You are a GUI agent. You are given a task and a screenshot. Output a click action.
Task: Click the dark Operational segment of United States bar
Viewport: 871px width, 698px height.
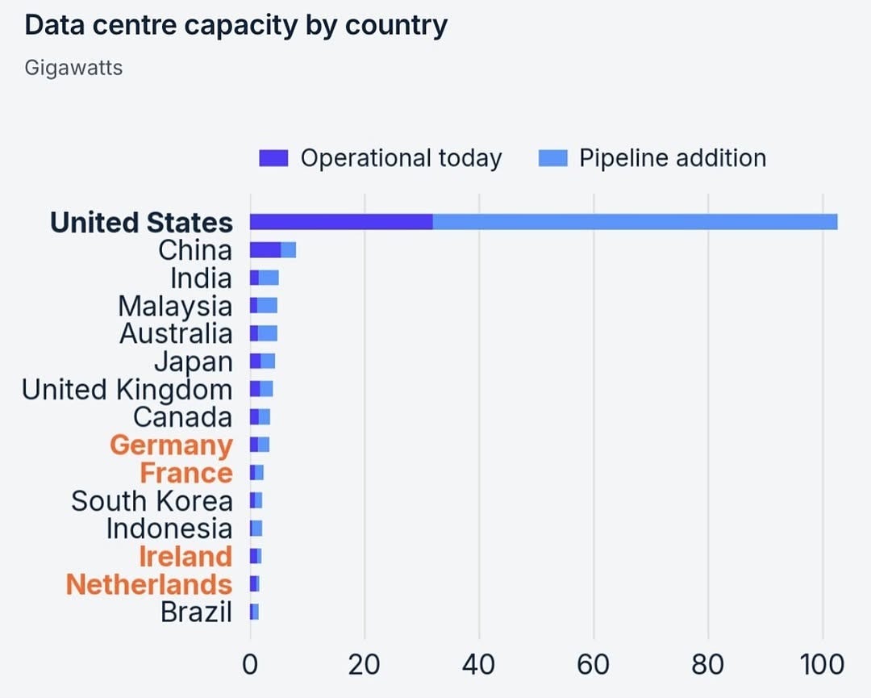point(341,222)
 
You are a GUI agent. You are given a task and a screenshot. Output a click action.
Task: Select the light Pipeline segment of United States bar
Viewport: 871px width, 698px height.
point(635,222)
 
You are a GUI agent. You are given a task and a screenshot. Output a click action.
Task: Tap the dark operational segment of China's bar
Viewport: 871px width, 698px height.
point(265,250)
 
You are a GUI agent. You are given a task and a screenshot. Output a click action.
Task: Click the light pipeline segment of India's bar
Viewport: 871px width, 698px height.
point(269,278)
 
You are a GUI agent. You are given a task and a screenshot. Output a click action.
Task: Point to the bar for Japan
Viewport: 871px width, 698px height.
point(262,362)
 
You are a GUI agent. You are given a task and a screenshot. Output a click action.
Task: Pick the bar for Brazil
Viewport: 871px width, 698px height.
point(254,612)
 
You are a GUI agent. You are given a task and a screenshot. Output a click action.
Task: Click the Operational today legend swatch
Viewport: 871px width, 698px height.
point(273,158)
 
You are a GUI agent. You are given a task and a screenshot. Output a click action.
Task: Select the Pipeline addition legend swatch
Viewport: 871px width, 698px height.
point(553,158)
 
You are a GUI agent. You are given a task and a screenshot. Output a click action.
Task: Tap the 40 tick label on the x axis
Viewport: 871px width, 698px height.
point(479,665)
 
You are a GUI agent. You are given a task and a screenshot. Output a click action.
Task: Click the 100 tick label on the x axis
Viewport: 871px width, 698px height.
point(822,665)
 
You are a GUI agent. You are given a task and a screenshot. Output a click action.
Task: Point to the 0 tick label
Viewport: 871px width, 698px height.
point(250,665)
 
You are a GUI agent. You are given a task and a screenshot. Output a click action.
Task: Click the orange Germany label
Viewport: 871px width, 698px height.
point(171,445)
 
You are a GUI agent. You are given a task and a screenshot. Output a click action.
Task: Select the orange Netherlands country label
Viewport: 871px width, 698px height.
point(149,585)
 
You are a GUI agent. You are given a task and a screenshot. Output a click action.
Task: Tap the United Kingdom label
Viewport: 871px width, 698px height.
point(127,390)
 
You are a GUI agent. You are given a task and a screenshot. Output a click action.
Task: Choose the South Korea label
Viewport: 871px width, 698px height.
point(152,501)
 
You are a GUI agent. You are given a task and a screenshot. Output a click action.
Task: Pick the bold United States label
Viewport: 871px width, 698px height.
point(141,222)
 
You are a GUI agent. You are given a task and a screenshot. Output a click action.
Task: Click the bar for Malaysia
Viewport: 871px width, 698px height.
point(263,306)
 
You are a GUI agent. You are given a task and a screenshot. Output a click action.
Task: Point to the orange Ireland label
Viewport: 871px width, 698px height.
point(185,557)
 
